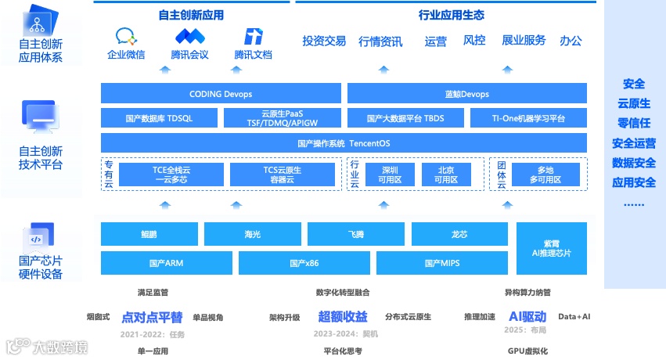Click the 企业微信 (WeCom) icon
(126, 36)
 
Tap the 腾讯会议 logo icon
(189, 36)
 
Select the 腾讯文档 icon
(253, 36)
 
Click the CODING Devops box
(221, 94)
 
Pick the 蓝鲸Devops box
(466, 94)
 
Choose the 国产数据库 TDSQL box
(159, 118)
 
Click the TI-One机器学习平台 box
(527, 118)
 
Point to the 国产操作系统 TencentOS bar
(344, 143)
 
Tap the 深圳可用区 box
(389, 174)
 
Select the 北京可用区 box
(447, 174)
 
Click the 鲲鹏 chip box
(149, 234)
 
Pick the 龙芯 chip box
(459, 234)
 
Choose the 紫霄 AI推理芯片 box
(551, 247)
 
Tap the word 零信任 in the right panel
(634, 123)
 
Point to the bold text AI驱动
(527, 316)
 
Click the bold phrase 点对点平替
(152, 317)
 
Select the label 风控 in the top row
(474, 40)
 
